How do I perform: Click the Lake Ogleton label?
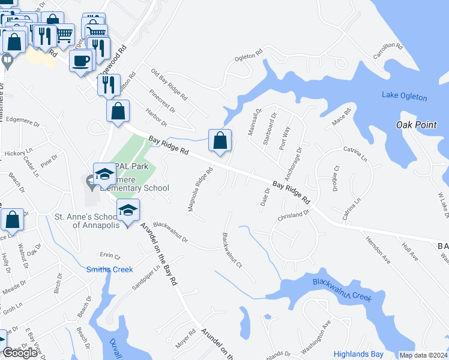[405, 97]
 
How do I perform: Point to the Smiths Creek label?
[110, 269]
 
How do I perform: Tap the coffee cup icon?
[81, 60]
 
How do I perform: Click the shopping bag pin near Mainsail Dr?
[220, 140]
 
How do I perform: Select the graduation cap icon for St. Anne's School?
[128, 210]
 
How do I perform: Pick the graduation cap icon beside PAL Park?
[104, 174]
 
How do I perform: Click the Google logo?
[20, 353]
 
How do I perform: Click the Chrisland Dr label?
[293, 214]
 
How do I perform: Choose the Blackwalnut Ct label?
[231, 251]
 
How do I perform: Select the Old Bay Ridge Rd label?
[169, 85]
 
